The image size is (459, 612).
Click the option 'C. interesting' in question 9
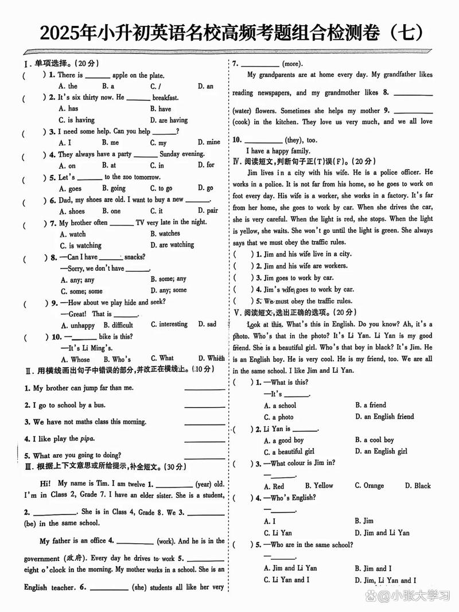click(169, 325)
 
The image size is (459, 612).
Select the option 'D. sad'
click(207, 325)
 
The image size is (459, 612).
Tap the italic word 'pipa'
click(87, 439)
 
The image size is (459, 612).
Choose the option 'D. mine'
click(209, 142)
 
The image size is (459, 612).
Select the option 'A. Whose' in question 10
click(75, 359)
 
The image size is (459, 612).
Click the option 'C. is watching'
click(80, 245)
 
